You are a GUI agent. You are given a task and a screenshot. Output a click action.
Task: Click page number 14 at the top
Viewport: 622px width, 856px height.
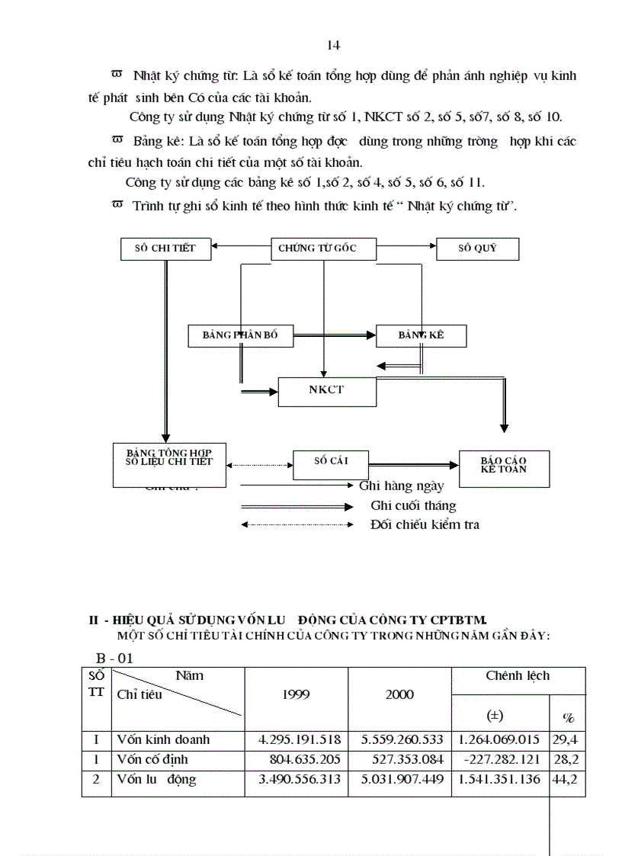333,46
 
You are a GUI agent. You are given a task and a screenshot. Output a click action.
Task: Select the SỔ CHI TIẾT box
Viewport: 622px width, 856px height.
166,248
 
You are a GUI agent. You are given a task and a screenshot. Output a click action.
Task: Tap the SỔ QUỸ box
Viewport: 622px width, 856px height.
477,248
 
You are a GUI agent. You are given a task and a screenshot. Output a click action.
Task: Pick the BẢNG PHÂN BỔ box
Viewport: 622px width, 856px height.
240,335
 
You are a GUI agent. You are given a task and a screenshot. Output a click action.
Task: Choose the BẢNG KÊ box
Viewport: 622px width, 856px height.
421,335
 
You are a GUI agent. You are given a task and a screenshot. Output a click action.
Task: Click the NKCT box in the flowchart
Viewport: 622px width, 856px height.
326,390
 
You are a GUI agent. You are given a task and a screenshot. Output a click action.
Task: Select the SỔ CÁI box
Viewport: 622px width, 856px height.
331,461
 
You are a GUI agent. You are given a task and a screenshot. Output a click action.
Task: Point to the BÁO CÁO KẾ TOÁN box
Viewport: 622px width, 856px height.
503,466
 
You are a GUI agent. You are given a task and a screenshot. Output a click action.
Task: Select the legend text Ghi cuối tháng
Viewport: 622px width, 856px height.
413,505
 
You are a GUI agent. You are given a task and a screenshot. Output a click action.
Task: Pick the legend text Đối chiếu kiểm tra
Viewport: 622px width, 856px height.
425,524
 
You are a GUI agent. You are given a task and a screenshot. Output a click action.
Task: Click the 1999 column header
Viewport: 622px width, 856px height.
296,694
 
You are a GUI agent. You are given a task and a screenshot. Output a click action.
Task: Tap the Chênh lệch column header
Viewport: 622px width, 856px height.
518,675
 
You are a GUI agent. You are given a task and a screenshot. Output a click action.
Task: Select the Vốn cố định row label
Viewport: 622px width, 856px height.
152,759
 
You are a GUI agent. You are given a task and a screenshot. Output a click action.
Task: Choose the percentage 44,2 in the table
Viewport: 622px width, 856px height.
566,779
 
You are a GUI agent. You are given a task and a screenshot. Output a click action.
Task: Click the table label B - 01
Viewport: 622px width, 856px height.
114,658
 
